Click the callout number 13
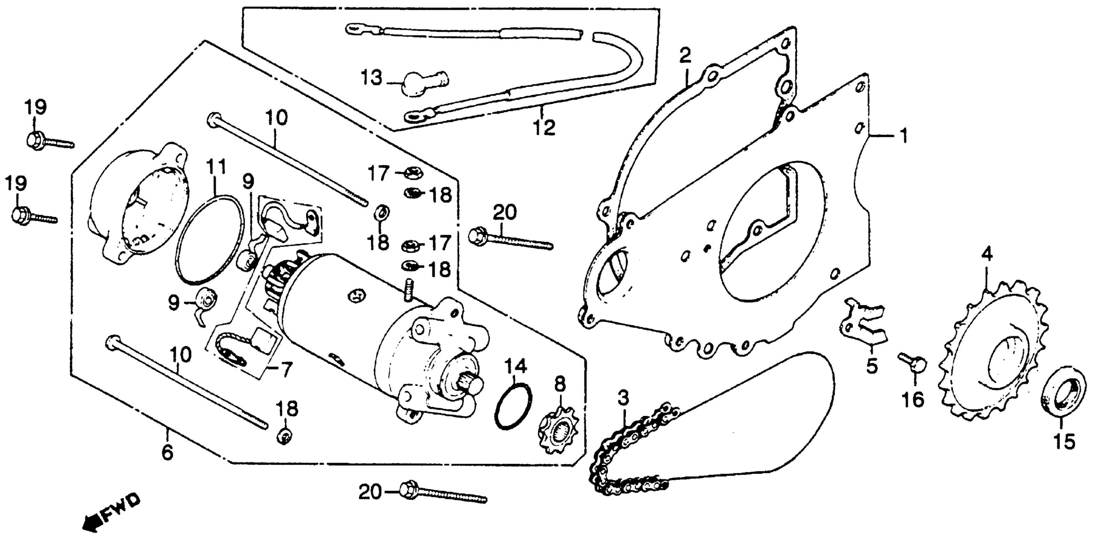point(371,78)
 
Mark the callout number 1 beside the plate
point(903,136)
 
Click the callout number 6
point(168,452)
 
